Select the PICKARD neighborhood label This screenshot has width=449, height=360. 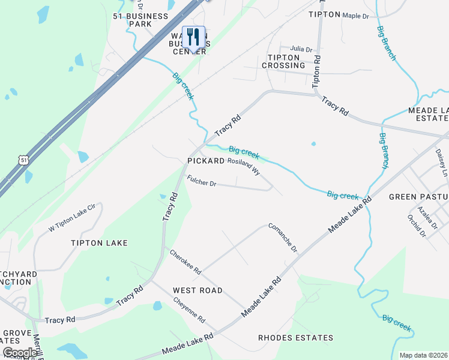pos(205,161)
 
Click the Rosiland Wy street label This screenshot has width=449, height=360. pos(244,166)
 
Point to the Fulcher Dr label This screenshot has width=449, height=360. pos(201,181)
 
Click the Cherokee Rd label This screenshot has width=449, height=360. pos(185,262)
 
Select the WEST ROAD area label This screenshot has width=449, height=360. pos(197,290)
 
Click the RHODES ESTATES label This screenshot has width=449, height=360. pos(295,338)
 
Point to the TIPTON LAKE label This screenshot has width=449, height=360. pos(99,243)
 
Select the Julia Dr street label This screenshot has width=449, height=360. pos(301,49)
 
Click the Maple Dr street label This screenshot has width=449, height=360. pos(355,16)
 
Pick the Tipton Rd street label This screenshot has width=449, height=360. pos(316,72)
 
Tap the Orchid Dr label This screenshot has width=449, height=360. pos(416,226)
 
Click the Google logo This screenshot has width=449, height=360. pos(20,353)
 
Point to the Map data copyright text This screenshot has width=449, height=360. pos(423,355)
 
